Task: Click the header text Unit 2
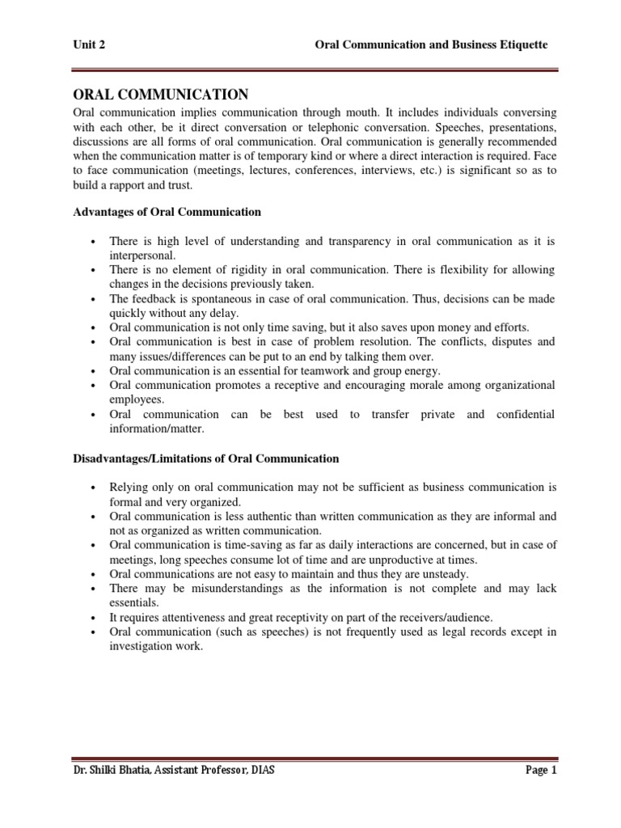(x=89, y=45)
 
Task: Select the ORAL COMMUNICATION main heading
(x=161, y=95)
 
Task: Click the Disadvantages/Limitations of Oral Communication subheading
(x=206, y=458)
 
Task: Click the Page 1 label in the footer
(x=541, y=771)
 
